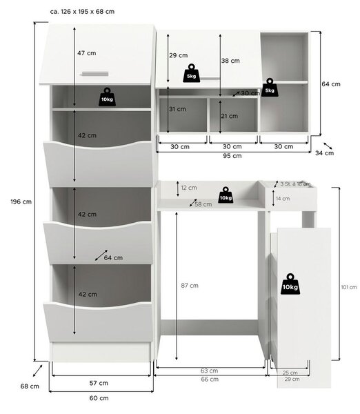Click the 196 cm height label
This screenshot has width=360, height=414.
[x=21, y=201]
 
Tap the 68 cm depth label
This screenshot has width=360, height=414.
[x=30, y=386]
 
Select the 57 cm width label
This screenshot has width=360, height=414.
[x=99, y=383]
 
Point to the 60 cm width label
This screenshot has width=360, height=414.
[x=99, y=398]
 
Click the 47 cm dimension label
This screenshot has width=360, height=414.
[x=87, y=53]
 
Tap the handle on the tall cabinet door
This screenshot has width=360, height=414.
[x=95, y=74]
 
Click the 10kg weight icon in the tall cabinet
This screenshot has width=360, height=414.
[x=107, y=97]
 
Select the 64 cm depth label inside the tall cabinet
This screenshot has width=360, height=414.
[x=113, y=257]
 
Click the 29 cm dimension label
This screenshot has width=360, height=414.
[x=179, y=55]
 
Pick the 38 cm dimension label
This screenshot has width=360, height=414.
[x=230, y=61]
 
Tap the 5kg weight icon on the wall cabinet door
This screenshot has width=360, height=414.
[x=192, y=73]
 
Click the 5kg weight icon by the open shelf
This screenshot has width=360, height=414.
[x=270, y=88]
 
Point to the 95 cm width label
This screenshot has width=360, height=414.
[x=232, y=156]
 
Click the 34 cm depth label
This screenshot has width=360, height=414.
[x=324, y=153]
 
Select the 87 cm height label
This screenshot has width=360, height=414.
[x=190, y=286]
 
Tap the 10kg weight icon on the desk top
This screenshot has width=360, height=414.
[x=226, y=195]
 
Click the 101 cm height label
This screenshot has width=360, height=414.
[x=349, y=287]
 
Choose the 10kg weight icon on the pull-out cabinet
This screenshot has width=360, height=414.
[x=290, y=284]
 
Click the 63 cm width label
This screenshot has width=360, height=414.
[x=209, y=371]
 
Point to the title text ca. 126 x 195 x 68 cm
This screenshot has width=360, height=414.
[x=82, y=12]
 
